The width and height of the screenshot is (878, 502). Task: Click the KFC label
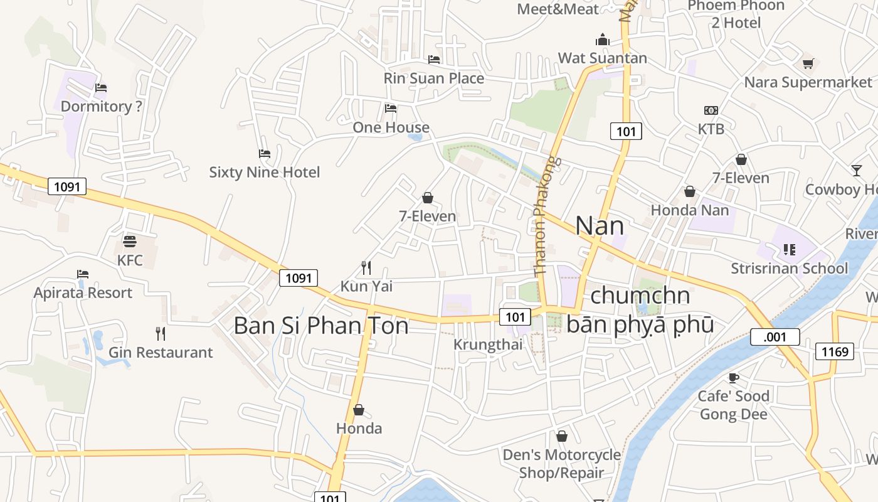pyautogui.click(x=130, y=260)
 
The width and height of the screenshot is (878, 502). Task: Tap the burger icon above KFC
pyautogui.click(x=130, y=242)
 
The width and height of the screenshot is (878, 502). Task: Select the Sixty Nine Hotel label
pyautogui.click(x=264, y=172)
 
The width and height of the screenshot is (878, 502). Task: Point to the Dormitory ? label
pyautogui.click(x=101, y=106)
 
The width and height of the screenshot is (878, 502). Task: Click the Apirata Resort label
pyautogui.click(x=83, y=292)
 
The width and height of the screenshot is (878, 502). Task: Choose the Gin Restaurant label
pyautogui.click(x=161, y=352)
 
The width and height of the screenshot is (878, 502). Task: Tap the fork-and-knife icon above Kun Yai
pyautogui.click(x=366, y=268)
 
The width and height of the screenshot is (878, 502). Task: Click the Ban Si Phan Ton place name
pyautogui.click(x=321, y=326)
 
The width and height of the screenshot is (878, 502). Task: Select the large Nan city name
pyautogui.click(x=600, y=226)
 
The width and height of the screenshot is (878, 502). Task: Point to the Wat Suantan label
pyautogui.click(x=602, y=58)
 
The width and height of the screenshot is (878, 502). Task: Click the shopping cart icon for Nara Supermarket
pyautogui.click(x=808, y=63)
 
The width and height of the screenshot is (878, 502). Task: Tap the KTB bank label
pyautogui.click(x=711, y=129)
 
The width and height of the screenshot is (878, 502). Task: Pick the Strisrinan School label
pyautogui.click(x=789, y=268)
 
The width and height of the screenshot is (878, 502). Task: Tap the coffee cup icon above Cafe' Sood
pyautogui.click(x=733, y=378)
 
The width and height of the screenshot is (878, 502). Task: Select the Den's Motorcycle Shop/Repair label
pyautogui.click(x=561, y=463)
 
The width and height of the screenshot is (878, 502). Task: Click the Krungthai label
pyautogui.click(x=487, y=344)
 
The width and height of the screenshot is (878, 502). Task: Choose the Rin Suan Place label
pyautogui.click(x=433, y=78)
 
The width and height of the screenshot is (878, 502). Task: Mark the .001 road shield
pyautogui.click(x=775, y=337)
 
